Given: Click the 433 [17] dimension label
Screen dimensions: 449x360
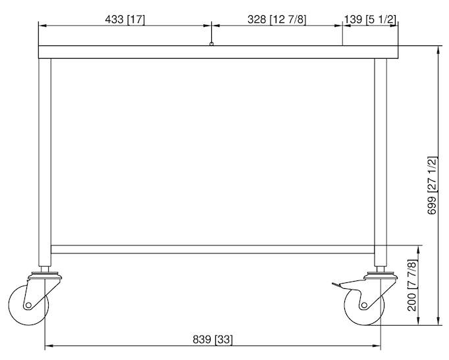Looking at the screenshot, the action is click(125, 20).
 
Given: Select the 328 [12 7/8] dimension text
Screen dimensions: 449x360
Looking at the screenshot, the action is click(277, 20).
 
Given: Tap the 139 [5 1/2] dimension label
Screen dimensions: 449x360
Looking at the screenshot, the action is click(370, 20).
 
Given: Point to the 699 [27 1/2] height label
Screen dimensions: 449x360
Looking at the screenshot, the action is click(433, 185).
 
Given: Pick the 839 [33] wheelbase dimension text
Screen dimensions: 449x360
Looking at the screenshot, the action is click(213, 340).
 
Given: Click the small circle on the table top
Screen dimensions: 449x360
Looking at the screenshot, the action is click(211, 44).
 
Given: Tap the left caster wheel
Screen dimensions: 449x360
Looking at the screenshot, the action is click(28, 305).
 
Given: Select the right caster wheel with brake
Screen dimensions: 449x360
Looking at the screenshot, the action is click(363, 305).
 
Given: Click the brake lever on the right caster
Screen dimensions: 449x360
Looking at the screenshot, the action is click(337, 285).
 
